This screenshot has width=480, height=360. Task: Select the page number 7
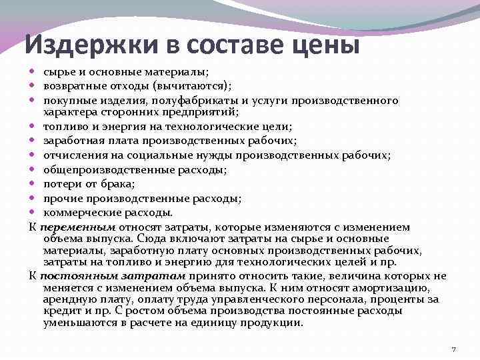pyautogui.click(x=453, y=349)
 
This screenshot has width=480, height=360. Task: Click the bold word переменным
pyautogui.click(x=78, y=227)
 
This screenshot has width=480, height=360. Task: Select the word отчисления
pyautogui.click(x=71, y=155)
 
